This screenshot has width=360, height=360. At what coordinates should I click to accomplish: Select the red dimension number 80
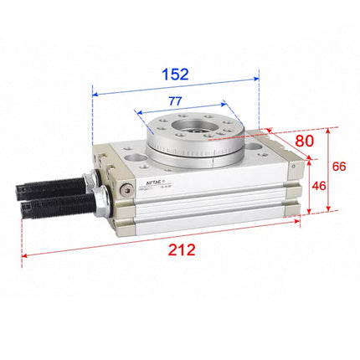click(304, 140)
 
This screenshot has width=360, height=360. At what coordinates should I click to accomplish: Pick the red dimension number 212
click(181, 250)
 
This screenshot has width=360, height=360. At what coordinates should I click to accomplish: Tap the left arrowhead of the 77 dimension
click(135, 111)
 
